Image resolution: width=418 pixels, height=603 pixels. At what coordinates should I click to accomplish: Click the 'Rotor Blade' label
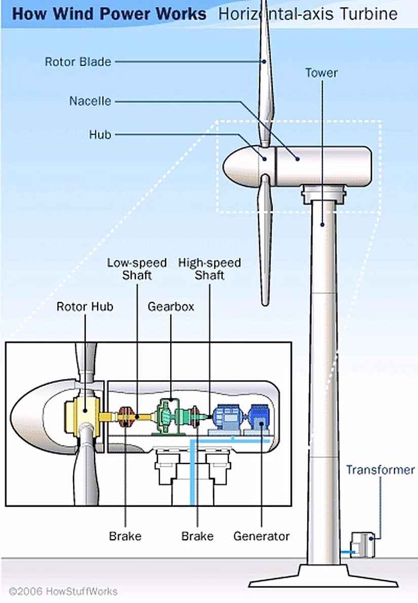[78, 62]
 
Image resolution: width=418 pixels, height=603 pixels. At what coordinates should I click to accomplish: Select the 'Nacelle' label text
[90, 101]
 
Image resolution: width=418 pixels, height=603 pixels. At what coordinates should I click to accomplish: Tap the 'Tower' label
[321, 72]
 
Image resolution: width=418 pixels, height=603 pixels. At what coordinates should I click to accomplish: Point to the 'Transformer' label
[380, 470]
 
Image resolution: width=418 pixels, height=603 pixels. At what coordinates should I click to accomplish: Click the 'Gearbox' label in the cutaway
[171, 307]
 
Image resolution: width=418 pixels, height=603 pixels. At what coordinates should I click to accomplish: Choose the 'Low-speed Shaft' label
[137, 269]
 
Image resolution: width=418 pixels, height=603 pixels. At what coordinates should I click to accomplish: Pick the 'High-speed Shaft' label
[209, 269]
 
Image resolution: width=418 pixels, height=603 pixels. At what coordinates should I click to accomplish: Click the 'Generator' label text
[261, 536]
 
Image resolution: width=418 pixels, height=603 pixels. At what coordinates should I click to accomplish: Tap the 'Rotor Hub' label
[85, 307]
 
